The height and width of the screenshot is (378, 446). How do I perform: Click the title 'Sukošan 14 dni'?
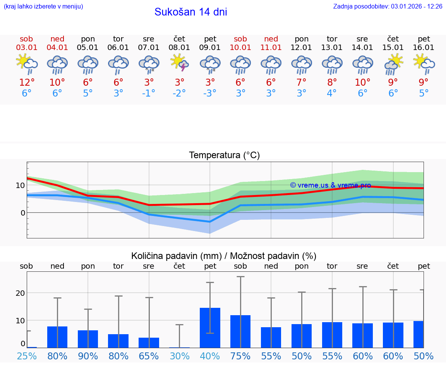coord(190,12)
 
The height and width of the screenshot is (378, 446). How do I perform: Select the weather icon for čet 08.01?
coord(179,63)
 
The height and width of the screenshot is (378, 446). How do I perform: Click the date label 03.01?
coord(26,48)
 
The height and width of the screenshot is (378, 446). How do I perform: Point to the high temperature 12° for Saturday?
coord(26,83)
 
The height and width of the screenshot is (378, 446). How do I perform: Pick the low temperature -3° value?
coord(210,93)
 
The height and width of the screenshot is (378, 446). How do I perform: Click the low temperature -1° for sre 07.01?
coord(149,93)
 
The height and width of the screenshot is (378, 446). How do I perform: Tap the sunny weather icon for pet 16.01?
coord(424,63)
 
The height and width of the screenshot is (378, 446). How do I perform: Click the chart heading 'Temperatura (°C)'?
coord(224,155)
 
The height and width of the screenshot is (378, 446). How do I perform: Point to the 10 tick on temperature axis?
coord(20,185)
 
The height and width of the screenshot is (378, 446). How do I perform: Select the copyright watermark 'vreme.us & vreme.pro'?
coord(330,185)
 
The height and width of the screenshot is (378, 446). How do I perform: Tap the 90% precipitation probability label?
coord(88,356)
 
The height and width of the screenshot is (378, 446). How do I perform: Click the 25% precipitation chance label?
coord(27,356)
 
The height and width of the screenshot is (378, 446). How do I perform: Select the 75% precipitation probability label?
coord(240,356)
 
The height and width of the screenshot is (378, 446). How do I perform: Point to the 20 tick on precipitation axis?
coord(20,293)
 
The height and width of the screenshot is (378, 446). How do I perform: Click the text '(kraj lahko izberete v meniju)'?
coord(43,6)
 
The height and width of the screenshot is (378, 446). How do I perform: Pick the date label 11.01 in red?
coord(271,48)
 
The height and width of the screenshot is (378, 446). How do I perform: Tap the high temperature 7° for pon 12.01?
coord(302,83)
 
